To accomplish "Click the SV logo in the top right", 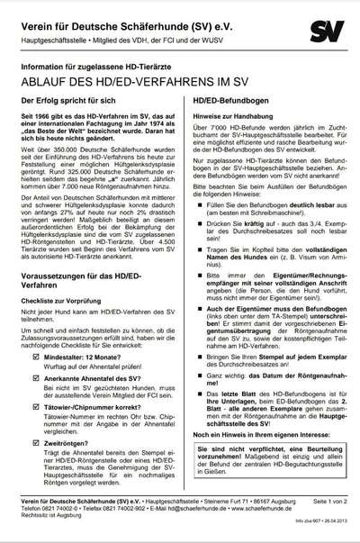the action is click(327, 32).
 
